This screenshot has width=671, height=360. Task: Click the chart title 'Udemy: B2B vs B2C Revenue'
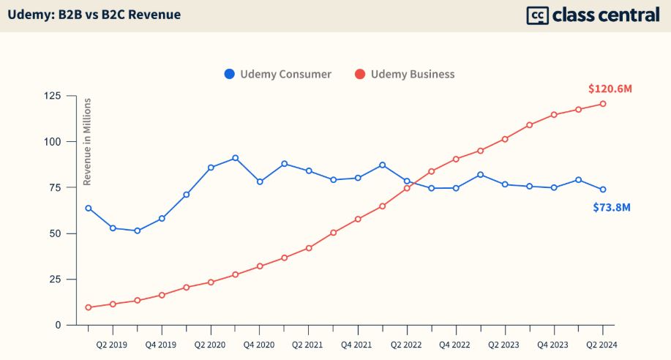pyautogui.click(x=94, y=15)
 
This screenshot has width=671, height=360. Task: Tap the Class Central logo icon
pyautogui.click(x=538, y=15)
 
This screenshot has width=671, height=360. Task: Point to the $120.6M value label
pyautogui.click(x=610, y=89)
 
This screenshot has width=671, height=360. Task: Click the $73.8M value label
pyautogui.click(x=611, y=207)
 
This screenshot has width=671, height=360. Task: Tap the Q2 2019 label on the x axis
pyautogui.click(x=113, y=344)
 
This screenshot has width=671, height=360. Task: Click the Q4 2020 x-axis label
pyautogui.click(x=259, y=344)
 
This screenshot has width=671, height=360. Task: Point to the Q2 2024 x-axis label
pyautogui.click(x=602, y=344)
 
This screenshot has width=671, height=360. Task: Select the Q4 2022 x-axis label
pyautogui.click(x=455, y=344)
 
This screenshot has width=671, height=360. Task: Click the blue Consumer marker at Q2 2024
pyautogui.click(x=603, y=190)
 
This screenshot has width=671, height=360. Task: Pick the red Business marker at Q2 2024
pyautogui.click(x=603, y=103)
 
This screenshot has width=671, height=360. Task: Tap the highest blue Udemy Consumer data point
pyautogui.click(x=235, y=158)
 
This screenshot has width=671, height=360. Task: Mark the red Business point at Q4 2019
pyautogui.click(x=162, y=295)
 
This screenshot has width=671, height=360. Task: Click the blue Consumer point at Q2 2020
pyautogui.click(x=211, y=168)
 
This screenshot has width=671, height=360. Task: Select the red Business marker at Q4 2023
pyautogui.click(x=554, y=115)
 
